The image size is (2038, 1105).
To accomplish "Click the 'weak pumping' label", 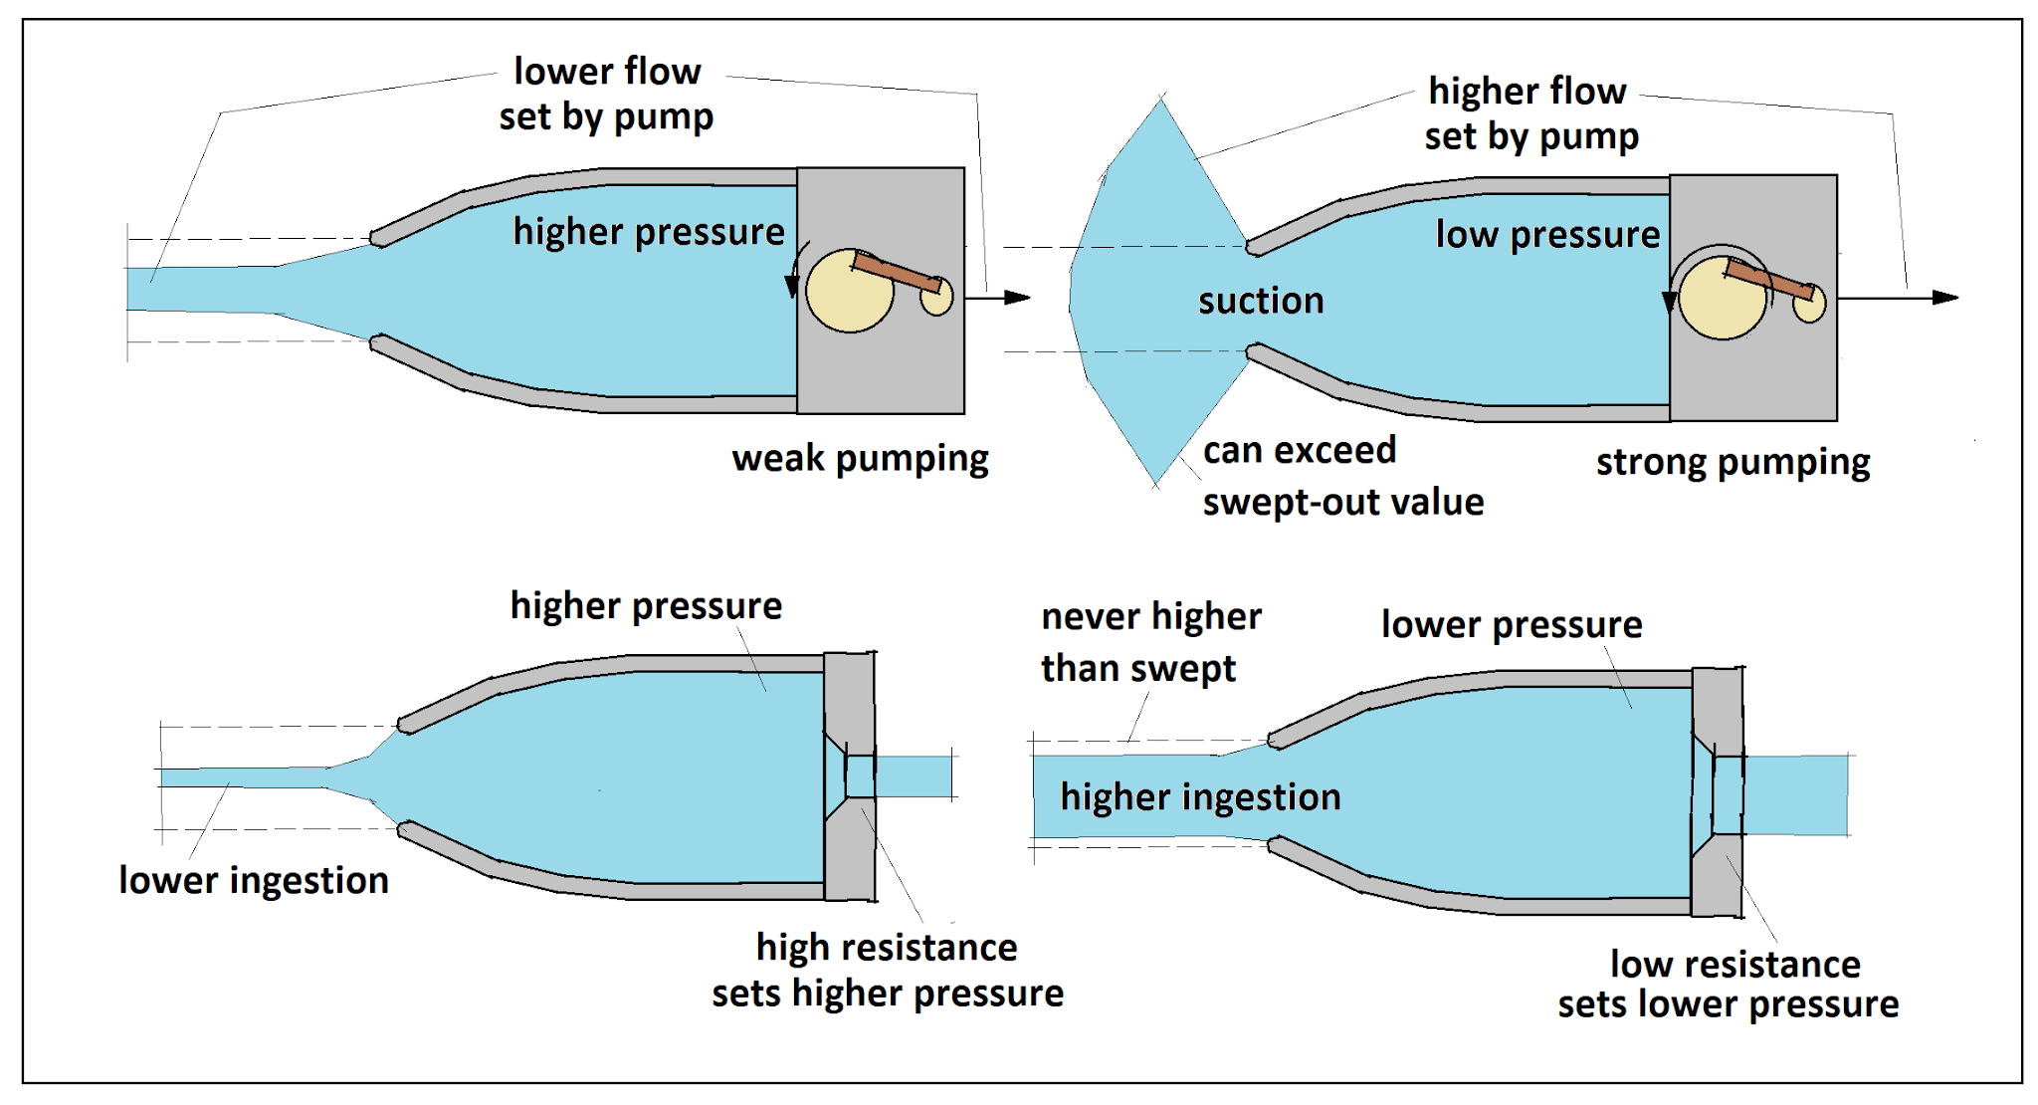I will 860,459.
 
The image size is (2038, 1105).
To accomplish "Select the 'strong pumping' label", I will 1732,463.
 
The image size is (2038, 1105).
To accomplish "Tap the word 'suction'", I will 1261,301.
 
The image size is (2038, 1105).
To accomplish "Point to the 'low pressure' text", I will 1547,235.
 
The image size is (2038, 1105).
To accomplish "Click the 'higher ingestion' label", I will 1200,797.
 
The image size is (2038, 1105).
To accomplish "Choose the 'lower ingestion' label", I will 254,881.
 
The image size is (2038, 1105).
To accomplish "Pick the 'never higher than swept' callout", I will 1150,642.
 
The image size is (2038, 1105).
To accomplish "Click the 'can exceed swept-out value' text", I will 1342,477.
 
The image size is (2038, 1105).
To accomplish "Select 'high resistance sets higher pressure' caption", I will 887,971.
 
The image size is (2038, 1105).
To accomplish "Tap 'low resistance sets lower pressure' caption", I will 1729,985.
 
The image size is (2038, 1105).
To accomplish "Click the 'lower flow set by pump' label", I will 606,95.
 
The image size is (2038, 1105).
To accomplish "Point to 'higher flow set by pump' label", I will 1530,113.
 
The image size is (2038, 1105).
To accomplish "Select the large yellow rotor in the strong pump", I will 1720,300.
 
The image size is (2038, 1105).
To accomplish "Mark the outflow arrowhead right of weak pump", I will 1016,298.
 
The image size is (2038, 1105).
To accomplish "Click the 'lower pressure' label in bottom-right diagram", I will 1511,625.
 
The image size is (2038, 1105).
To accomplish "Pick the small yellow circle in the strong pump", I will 1810,305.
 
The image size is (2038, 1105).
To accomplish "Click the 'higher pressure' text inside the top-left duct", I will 649,232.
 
